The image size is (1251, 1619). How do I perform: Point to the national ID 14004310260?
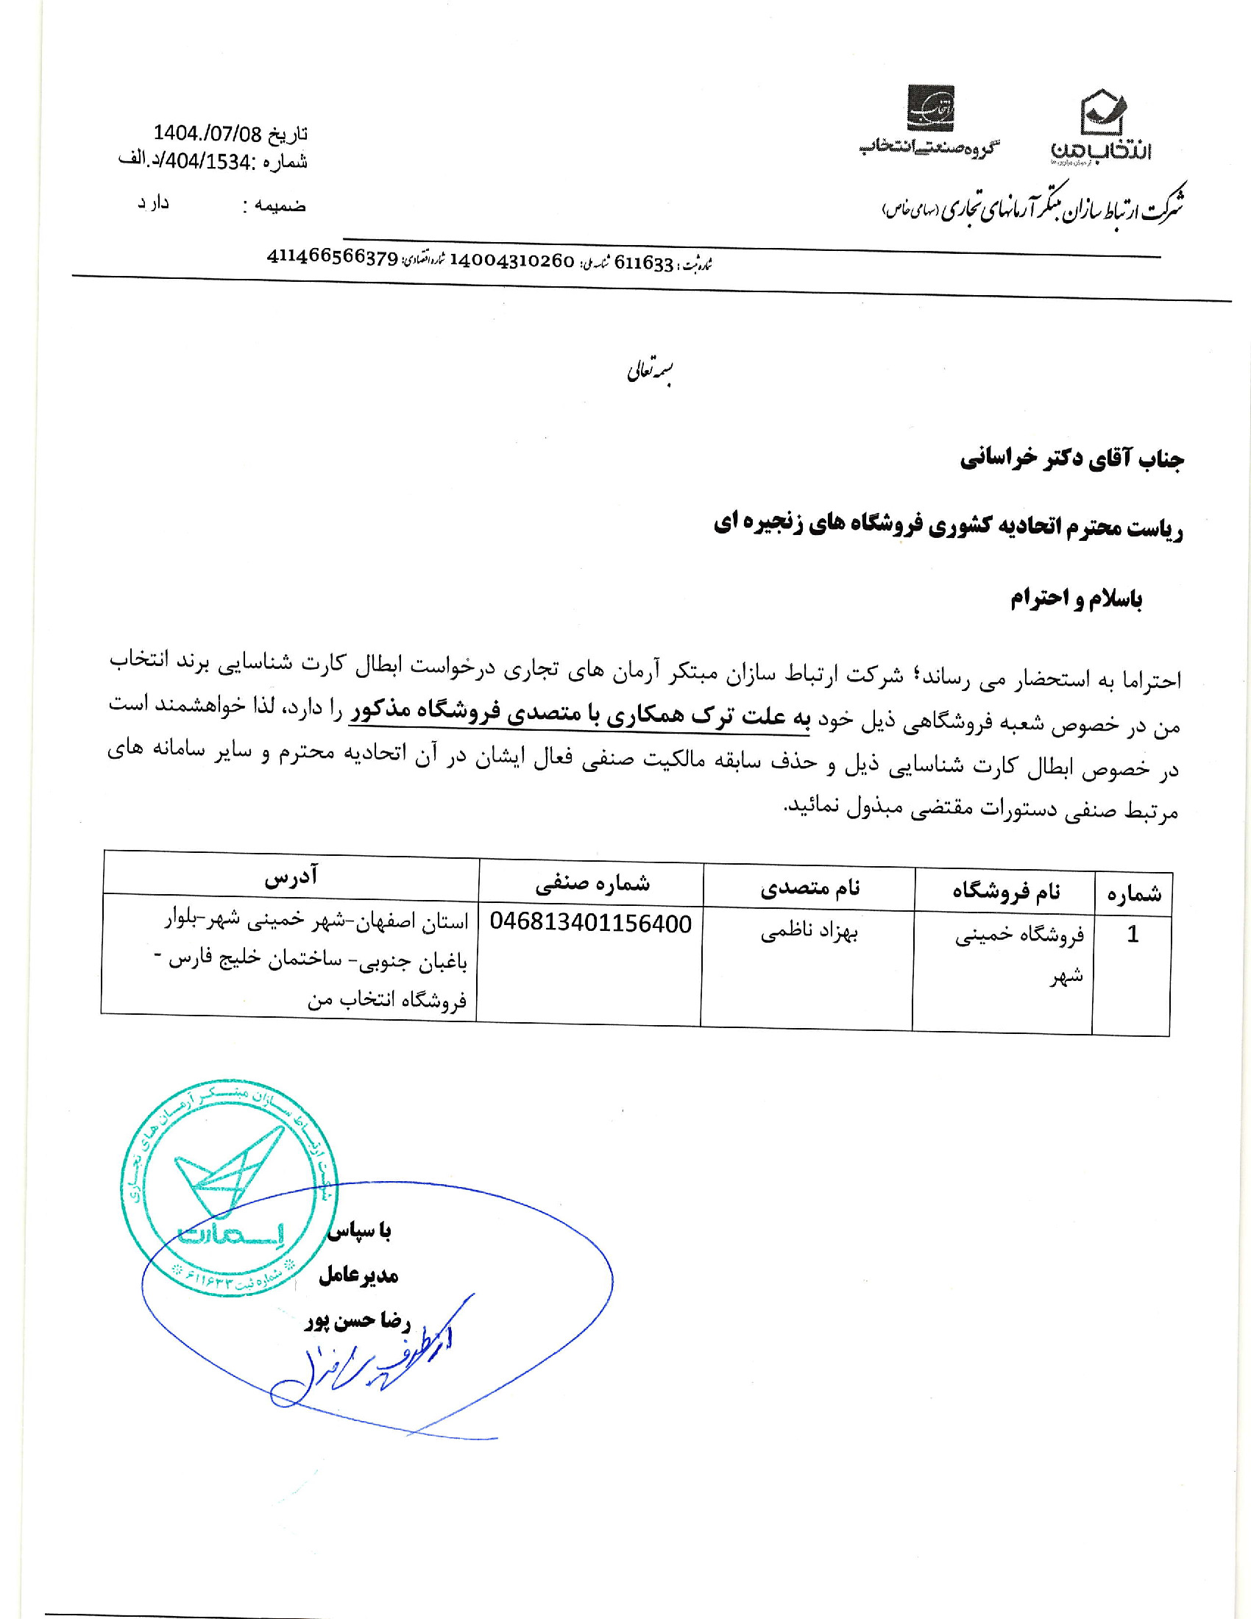[511, 261]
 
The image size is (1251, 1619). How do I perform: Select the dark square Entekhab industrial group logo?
[931, 108]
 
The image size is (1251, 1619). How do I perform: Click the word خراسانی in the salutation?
[997, 460]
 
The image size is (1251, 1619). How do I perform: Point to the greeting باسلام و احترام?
[1075, 599]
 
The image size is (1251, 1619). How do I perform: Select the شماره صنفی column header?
[592, 882]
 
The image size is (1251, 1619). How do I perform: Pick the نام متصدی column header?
[809, 888]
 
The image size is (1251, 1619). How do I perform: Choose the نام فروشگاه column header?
[1006, 892]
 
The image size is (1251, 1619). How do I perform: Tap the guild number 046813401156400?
[591, 924]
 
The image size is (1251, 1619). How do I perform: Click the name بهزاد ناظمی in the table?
[809, 933]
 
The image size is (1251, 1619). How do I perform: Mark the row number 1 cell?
[1132, 935]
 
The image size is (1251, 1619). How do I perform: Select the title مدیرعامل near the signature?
[358, 1275]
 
